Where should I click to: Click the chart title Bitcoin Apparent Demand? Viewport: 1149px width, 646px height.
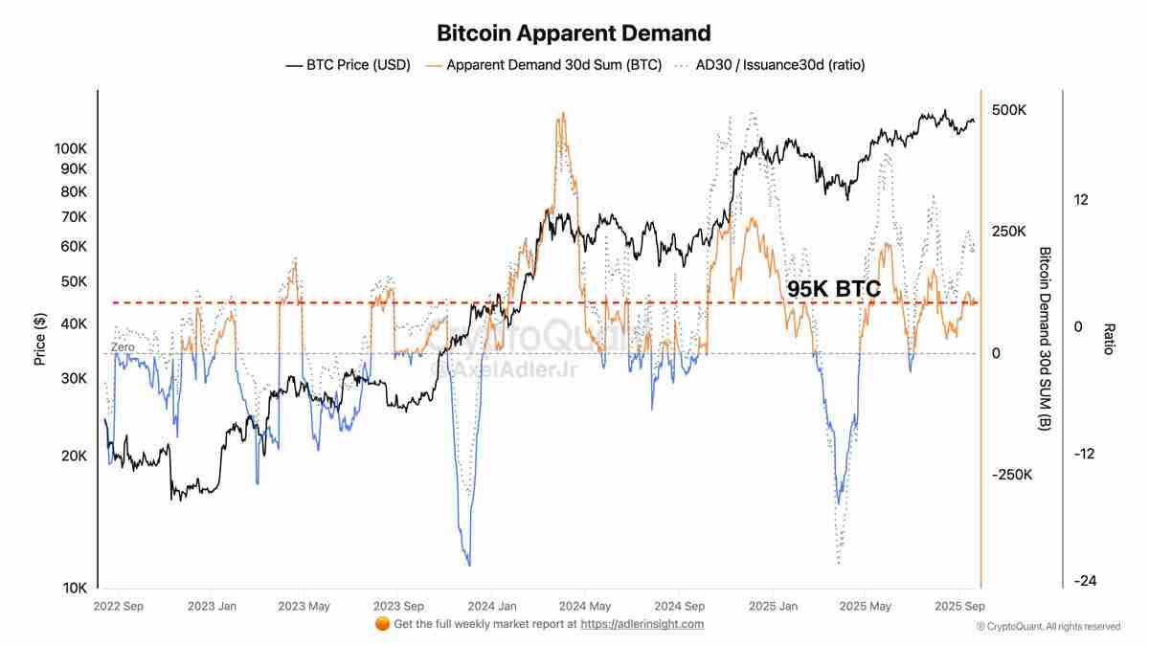(574, 33)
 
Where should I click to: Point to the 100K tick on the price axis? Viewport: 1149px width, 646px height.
(72, 148)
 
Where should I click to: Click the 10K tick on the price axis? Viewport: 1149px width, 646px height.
(75, 588)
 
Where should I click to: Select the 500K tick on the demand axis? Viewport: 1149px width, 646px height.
(1009, 110)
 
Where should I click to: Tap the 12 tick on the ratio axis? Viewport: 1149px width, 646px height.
(1082, 199)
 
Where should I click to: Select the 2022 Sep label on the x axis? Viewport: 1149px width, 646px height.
(120, 606)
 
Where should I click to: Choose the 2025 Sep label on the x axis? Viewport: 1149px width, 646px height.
(960, 606)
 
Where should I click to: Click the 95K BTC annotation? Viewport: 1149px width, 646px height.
(833, 288)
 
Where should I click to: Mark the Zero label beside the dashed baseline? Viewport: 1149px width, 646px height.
(123, 346)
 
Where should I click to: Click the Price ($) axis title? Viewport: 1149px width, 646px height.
(40, 340)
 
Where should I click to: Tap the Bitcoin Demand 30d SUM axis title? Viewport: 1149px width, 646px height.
(1045, 338)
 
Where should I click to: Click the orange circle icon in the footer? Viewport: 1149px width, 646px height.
(382, 624)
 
